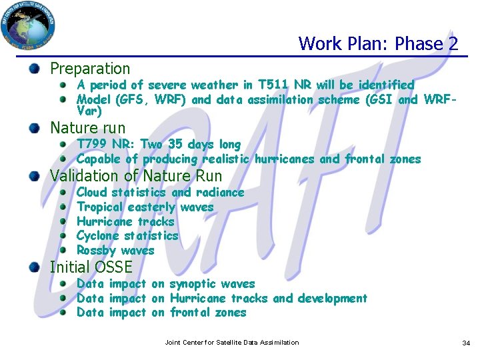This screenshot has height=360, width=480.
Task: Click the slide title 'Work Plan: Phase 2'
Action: click(x=378, y=44)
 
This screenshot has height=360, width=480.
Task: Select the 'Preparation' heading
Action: click(x=90, y=68)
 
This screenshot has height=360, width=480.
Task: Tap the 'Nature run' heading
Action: click(x=87, y=127)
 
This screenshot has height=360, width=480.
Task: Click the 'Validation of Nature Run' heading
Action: click(x=136, y=176)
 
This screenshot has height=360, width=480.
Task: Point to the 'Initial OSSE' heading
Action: click(x=91, y=267)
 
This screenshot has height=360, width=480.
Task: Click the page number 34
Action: click(x=466, y=343)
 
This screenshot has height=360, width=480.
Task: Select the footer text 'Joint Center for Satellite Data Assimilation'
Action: click(x=232, y=343)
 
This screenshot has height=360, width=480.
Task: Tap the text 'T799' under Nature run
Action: click(x=91, y=144)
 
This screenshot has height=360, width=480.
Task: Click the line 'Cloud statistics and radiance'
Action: click(x=160, y=192)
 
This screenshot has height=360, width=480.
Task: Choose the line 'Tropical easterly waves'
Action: click(x=145, y=207)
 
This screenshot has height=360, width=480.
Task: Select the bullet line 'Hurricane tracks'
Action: click(x=125, y=221)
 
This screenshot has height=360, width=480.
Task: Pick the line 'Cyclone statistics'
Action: click(x=127, y=235)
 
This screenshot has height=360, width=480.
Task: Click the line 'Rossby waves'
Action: click(x=115, y=251)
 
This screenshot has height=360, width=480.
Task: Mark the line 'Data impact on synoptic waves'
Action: click(x=165, y=283)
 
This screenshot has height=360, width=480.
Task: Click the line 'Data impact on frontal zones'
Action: click(x=161, y=312)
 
